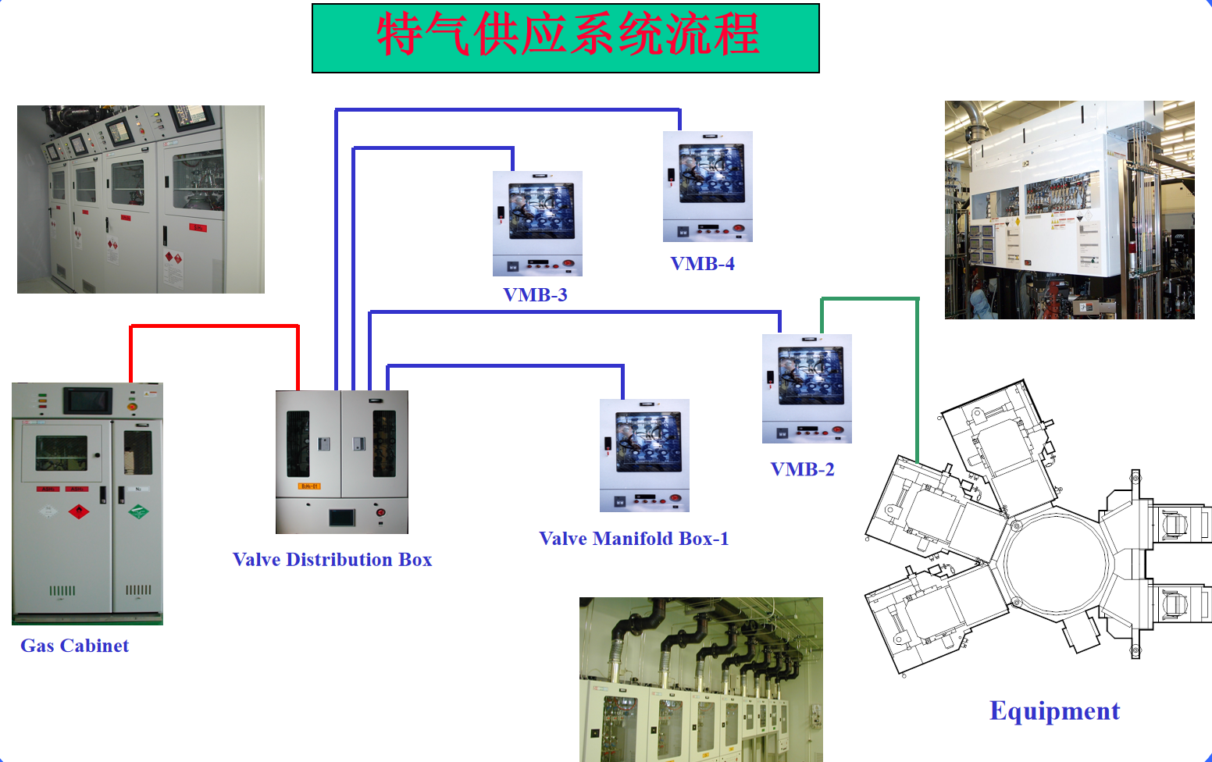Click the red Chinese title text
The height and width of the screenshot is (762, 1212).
[567, 35]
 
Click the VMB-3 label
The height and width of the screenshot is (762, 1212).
[535, 295]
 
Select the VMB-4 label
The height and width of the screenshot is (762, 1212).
[702, 264]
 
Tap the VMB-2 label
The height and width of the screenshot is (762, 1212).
[802, 469]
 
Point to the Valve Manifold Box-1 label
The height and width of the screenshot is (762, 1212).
[633, 539]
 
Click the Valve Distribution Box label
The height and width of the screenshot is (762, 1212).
[332, 560]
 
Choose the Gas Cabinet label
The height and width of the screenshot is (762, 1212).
[74, 646]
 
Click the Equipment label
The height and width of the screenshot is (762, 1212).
[1054, 711]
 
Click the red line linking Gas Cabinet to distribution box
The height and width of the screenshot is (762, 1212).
[214, 326]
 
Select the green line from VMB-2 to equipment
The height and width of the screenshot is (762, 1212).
[917, 375]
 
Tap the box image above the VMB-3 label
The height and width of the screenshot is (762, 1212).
[537, 223]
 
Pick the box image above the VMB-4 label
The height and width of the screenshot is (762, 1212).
[708, 186]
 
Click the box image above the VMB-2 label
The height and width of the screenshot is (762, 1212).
[807, 389]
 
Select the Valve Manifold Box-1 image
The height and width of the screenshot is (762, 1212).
[644, 455]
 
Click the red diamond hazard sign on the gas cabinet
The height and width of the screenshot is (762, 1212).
[78, 512]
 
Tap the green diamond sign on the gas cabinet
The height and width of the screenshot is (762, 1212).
[138, 512]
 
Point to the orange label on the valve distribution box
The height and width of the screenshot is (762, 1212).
[308, 486]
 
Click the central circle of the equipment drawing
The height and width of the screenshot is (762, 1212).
[1056, 563]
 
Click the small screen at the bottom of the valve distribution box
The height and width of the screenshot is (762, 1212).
[342, 517]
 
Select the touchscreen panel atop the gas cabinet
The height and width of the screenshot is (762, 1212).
[87, 401]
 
